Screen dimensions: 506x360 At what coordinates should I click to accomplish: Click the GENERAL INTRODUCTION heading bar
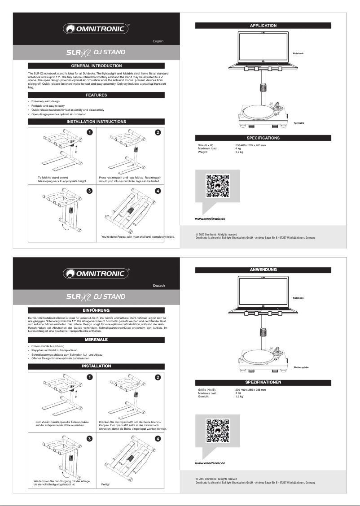[96, 65]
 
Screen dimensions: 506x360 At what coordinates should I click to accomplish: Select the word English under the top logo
[158, 41]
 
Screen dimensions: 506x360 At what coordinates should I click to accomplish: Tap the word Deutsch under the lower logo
[158, 286]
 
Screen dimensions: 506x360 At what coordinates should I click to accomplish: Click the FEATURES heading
[96, 95]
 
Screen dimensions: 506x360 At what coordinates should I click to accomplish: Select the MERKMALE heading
[96, 339]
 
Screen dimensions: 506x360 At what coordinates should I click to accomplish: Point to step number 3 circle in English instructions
[90, 191]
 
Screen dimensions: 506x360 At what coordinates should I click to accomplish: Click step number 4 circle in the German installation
[158, 437]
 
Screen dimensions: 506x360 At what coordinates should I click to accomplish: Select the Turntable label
[299, 123]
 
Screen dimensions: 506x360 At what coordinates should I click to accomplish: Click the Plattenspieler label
[301, 367]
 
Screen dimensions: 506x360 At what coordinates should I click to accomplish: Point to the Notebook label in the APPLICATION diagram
[298, 54]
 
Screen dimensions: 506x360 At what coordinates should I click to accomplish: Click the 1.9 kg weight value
[239, 153]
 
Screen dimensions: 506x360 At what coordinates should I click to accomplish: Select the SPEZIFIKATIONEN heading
[263, 382]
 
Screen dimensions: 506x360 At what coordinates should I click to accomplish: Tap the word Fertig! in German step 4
[105, 485]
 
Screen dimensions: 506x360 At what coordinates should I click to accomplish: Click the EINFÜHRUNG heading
[96, 310]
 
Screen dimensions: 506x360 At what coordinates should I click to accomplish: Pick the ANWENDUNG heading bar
[263, 270]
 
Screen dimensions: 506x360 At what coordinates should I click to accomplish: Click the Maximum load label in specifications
[207, 149]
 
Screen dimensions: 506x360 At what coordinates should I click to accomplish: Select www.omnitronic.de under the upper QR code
[210, 218]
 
